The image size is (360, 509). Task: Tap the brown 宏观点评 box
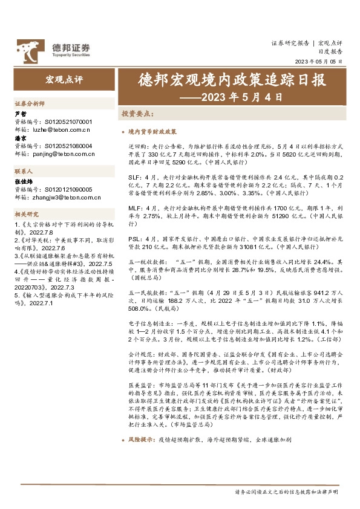click(61, 79)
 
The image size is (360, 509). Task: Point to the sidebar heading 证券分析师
click(29, 104)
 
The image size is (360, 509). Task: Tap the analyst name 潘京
click(20, 138)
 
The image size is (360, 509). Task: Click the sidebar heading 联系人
click(24, 172)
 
